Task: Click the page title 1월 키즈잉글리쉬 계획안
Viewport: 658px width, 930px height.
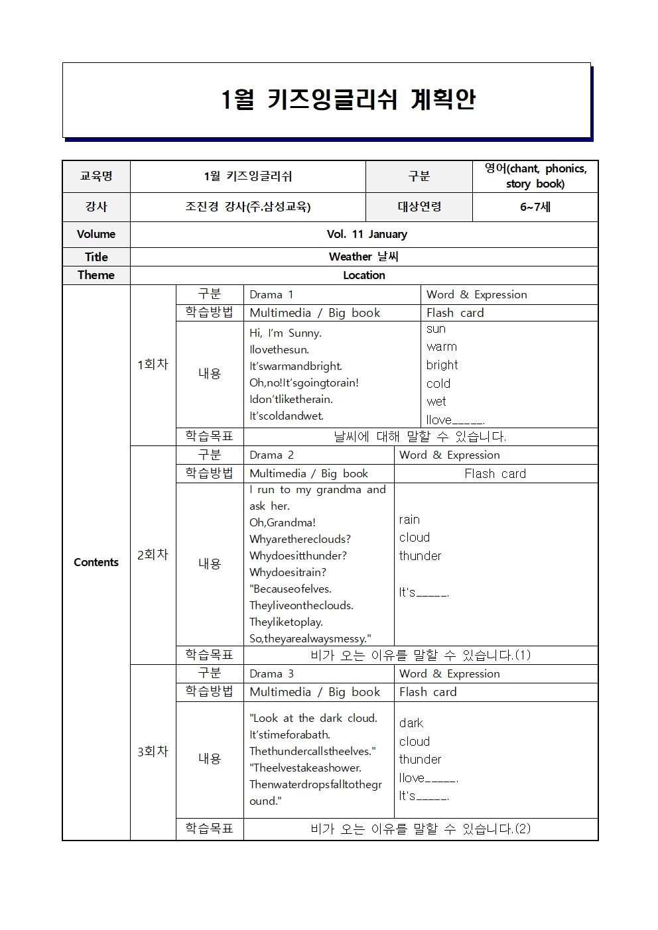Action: pyautogui.click(x=348, y=99)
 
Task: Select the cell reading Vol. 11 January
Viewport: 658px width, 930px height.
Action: pyautogui.click(x=367, y=234)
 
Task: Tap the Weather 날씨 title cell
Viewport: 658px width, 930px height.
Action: pyautogui.click(x=363, y=257)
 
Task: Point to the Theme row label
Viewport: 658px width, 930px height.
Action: pyautogui.click(x=96, y=275)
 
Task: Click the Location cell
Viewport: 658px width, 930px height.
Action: pyautogui.click(x=363, y=275)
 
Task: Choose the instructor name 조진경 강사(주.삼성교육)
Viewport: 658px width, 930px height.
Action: pyautogui.click(x=247, y=207)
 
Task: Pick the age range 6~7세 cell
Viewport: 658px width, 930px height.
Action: pyautogui.click(x=535, y=207)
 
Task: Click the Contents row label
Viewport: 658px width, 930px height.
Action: pyautogui.click(x=96, y=562)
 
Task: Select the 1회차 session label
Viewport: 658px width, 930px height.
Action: pyautogui.click(x=153, y=365)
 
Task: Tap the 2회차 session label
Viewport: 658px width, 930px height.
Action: pyautogui.click(x=153, y=555)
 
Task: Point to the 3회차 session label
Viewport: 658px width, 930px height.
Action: pyautogui.click(x=153, y=752)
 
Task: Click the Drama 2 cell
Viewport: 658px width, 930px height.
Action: pyautogui.click(x=271, y=455)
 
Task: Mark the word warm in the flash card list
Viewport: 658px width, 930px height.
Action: pyautogui.click(x=442, y=347)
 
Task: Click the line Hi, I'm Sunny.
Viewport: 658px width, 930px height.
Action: pyautogui.click(x=285, y=333)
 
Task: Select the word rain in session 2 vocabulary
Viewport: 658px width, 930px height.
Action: pyautogui.click(x=409, y=520)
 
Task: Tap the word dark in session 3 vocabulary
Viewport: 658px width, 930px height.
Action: pyautogui.click(x=411, y=723)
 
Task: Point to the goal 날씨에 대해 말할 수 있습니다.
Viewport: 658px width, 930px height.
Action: pyautogui.click(x=420, y=437)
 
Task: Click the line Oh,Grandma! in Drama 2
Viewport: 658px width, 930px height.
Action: pyautogui.click(x=283, y=522)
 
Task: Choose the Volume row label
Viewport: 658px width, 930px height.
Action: pyautogui.click(x=96, y=234)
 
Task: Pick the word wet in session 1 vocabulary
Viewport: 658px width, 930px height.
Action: pyautogui.click(x=436, y=401)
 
